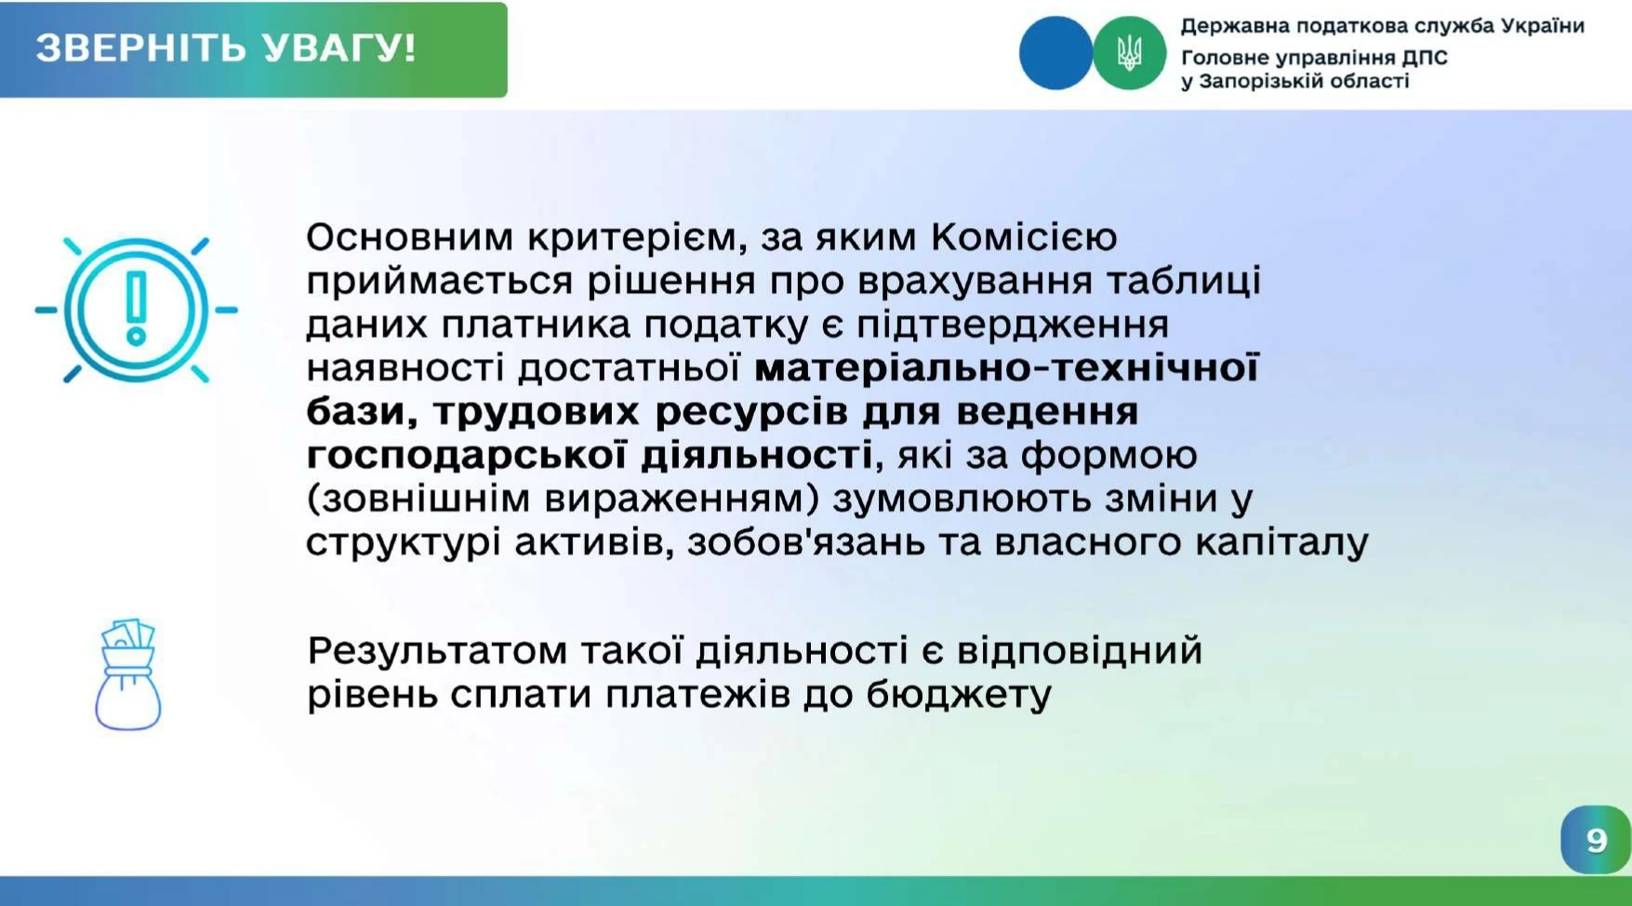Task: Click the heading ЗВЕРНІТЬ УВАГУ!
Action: coord(226,48)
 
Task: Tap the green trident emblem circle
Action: coord(1129,53)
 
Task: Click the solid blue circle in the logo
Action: coord(1056,53)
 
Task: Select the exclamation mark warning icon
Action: coord(137,310)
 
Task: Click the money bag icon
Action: coord(128,674)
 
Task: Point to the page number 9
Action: coord(1597,840)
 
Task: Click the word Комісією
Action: coord(1024,237)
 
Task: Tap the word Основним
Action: coord(409,237)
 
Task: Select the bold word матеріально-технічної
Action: coord(1006,368)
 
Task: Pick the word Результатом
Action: coord(436,651)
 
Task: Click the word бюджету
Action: coord(959,695)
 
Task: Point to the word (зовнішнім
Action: coord(418,499)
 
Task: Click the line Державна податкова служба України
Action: coord(1383,26)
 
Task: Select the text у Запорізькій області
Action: coord(1295,81)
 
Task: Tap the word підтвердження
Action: coord(1012,325)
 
